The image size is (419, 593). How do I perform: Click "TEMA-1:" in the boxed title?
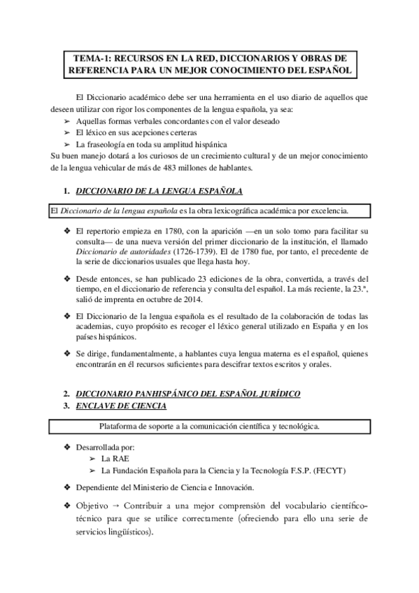coord(91,58)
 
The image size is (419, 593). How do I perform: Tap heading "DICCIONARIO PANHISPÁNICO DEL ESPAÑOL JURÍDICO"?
coord(187,394)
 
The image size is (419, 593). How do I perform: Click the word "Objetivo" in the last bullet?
coord(92,504)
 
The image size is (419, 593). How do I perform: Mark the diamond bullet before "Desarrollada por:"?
coord(67,446)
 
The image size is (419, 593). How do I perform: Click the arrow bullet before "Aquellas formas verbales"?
coord(67,121)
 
